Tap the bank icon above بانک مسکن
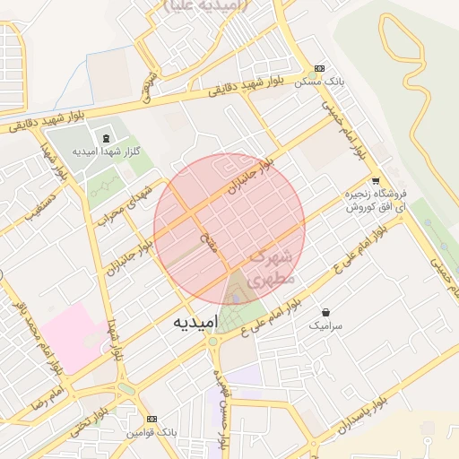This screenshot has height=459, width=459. pos(320,68)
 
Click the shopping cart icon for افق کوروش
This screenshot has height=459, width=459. pos(376,179)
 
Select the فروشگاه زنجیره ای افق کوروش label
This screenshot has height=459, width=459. pos(377,200)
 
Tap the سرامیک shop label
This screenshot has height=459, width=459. pos(325,325)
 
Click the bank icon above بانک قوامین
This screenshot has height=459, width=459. pos(151,419)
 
